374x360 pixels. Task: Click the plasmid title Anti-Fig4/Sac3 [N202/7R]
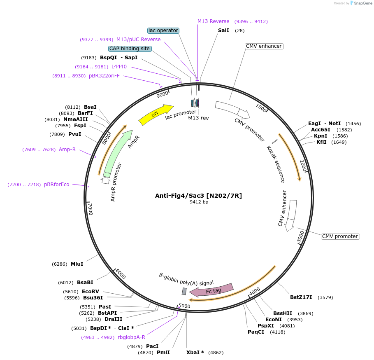click(198, 196)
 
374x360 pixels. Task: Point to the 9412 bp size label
click(199, 202)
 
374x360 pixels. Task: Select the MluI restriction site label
click(77, 264)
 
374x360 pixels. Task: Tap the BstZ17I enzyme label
click(301, 297)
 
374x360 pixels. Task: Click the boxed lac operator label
click(163, 30)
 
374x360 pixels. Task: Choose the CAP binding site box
click(130, 49)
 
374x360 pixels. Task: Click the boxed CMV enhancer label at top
click(264, 46)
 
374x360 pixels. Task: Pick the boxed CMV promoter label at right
click(340, 236)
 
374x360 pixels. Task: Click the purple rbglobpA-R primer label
click(131, 337)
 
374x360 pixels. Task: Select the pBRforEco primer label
click(57, 185)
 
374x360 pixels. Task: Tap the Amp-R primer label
click(67, 150)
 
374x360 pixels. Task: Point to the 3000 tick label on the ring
click(301, 237)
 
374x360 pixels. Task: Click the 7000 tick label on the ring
click(91, 209)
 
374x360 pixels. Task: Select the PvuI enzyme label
click(74, 134)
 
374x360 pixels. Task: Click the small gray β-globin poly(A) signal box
click(184, 291)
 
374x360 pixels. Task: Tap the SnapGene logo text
click(362, 3)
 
